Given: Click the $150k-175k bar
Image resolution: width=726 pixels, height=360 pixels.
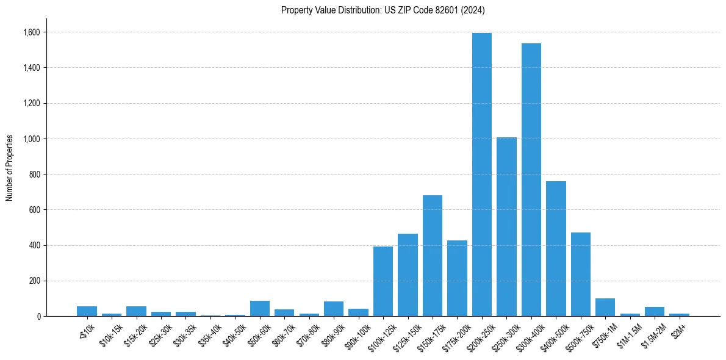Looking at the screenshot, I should tap(433, 256).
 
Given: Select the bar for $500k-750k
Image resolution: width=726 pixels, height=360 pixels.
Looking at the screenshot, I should tap(581, 275).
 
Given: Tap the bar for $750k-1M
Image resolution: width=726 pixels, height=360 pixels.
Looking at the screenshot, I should tap(605, 308).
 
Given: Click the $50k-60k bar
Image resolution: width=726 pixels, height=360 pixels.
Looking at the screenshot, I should tap(260, 309).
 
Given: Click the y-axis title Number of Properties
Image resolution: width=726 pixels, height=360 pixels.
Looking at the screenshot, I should tap(10, 168).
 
